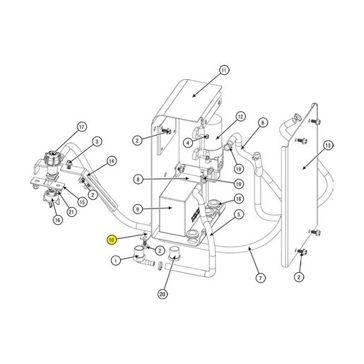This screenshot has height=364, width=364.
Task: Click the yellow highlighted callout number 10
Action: pos(112,240)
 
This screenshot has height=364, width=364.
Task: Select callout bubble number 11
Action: pos(223,70)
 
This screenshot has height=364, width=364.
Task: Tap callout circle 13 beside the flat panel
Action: pos(328,146)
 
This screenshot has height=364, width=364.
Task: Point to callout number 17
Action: pos(82,127)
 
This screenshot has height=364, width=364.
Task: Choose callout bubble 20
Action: pos(163,294)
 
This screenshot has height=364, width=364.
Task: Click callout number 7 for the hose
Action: pos(260,278)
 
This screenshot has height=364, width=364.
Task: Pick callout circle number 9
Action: pos(138,209)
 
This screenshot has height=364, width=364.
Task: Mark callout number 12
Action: pos(240,117)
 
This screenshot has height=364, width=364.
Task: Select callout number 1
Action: pos(115,261)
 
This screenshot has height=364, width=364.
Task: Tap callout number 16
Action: pos(57,220)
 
